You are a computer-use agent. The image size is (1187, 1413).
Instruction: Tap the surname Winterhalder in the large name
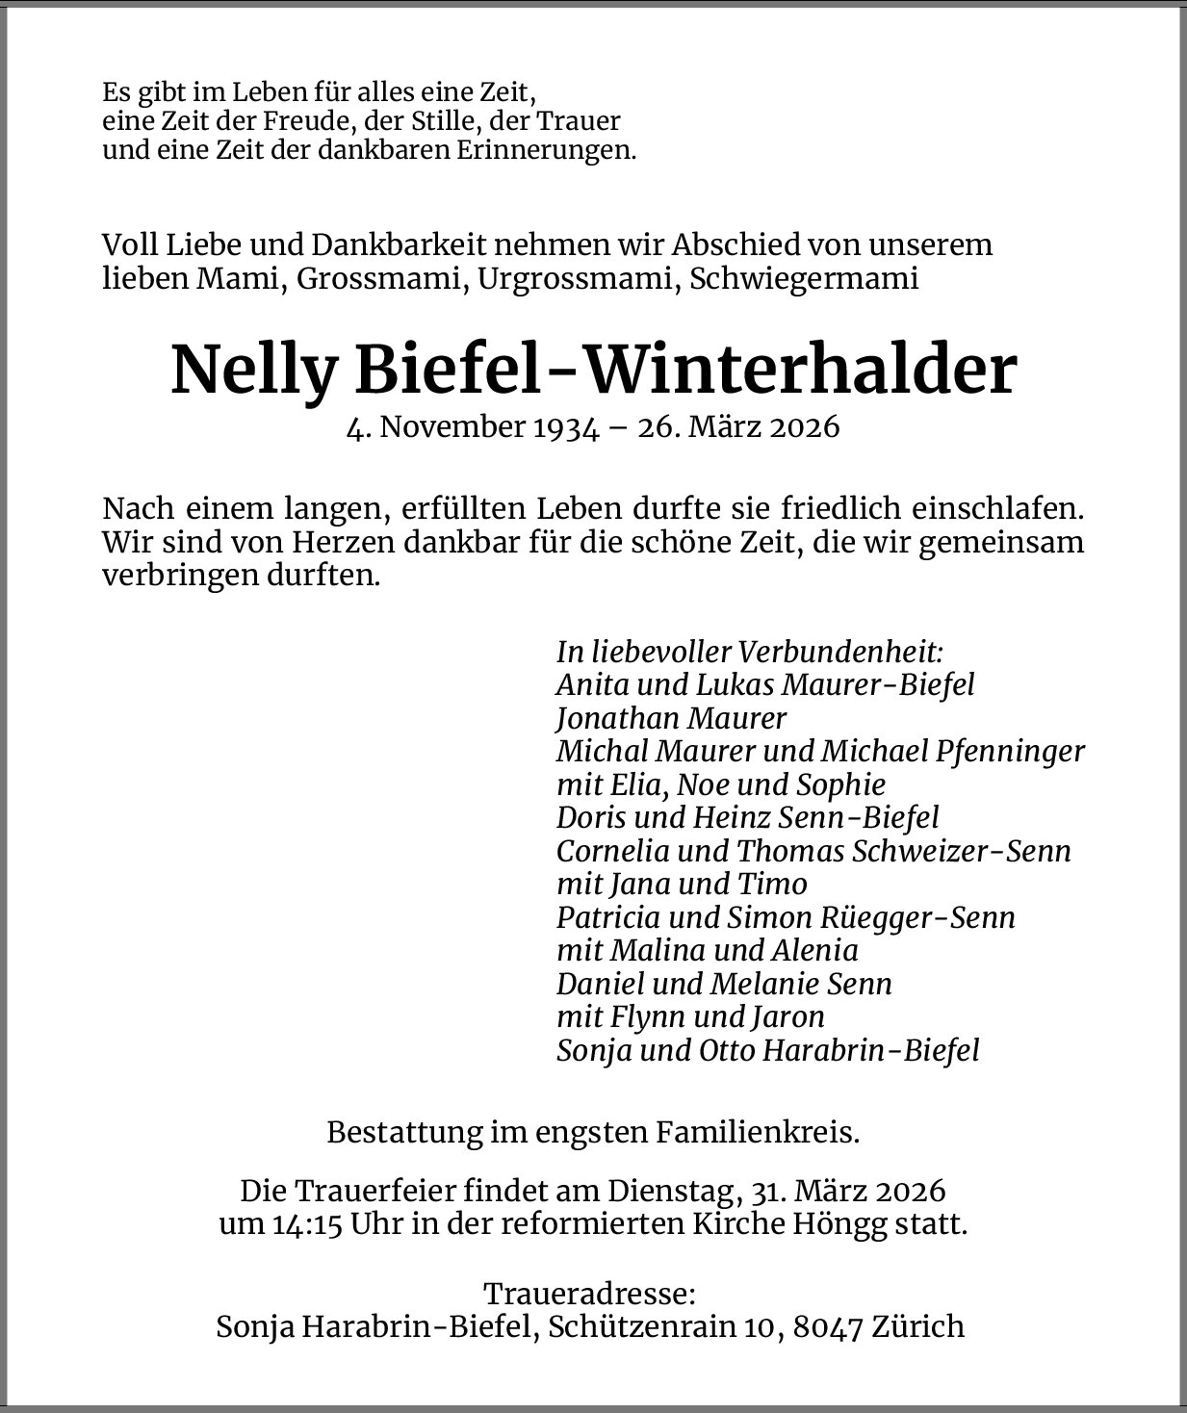pyautogui.click(x=800, y=370)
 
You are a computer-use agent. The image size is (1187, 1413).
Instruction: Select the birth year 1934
pyautogui.click(x=566, y=426)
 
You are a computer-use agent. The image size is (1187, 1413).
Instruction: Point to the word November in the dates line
pyautogui.click(x=452, y=426)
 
